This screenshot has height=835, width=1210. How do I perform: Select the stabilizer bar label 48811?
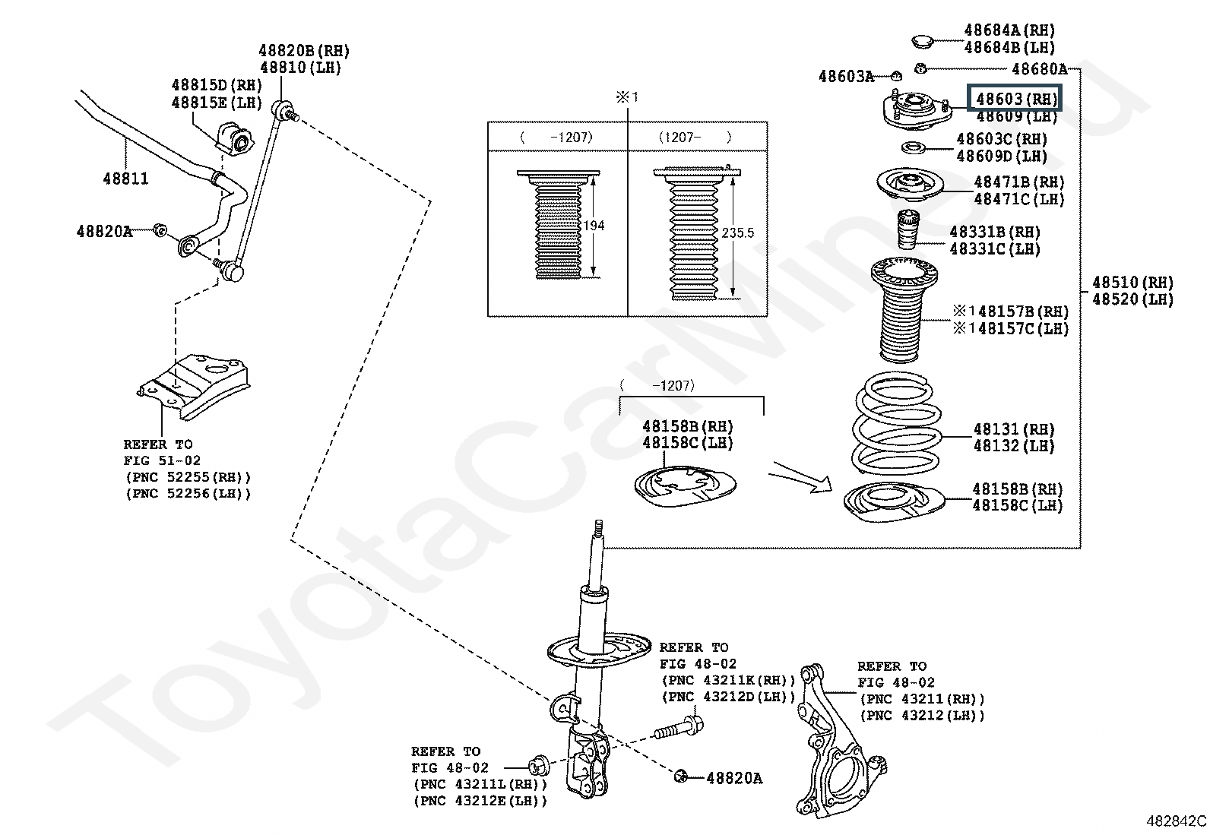point(125,179)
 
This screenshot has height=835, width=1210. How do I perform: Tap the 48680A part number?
point(1039,69)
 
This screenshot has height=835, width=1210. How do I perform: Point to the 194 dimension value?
point(594,226)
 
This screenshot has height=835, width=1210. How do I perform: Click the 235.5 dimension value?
point(738,232)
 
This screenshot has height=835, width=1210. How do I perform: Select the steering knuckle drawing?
point(839,740)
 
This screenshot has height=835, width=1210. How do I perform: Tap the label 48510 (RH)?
point(1132,283)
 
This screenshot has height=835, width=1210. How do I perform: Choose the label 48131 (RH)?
point(1014,429)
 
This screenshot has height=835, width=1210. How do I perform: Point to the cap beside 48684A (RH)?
point(921,42)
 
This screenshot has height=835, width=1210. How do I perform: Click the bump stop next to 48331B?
point(908,229)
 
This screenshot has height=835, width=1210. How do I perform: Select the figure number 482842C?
point(1176,821)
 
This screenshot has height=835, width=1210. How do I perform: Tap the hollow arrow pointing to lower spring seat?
point(801,477)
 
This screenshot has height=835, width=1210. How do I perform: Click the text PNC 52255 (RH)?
point(188,477)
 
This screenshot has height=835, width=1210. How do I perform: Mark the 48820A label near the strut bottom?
point(734,778)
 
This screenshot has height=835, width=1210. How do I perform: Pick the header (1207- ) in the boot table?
point(695,138)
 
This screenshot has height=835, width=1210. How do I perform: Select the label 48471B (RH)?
point(1018,182)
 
